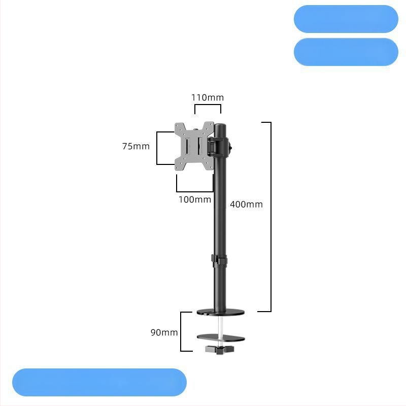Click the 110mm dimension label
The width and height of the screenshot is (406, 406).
[208, 97]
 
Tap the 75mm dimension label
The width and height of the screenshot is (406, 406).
[136, 146]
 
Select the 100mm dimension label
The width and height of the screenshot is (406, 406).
[195, 199]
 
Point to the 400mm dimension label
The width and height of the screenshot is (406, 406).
[246, 205]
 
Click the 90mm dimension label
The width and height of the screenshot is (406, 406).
[164, 332]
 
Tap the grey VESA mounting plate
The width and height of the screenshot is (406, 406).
[194, 146]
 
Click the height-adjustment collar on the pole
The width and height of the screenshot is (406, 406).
[219, 261]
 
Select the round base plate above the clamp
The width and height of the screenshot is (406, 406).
[220, 313]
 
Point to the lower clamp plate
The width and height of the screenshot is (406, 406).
[221, 337]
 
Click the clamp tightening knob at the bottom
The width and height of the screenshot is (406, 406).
[220, 349]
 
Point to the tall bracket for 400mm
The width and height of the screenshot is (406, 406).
[271, 217]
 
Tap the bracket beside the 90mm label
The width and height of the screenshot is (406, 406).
[181, 332]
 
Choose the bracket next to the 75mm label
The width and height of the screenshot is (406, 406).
[157, 148]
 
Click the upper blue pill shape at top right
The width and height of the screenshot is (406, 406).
[346, 19]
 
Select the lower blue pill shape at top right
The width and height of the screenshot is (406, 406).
[346, 52]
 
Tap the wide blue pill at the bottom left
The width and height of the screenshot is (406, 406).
[99, 382]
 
